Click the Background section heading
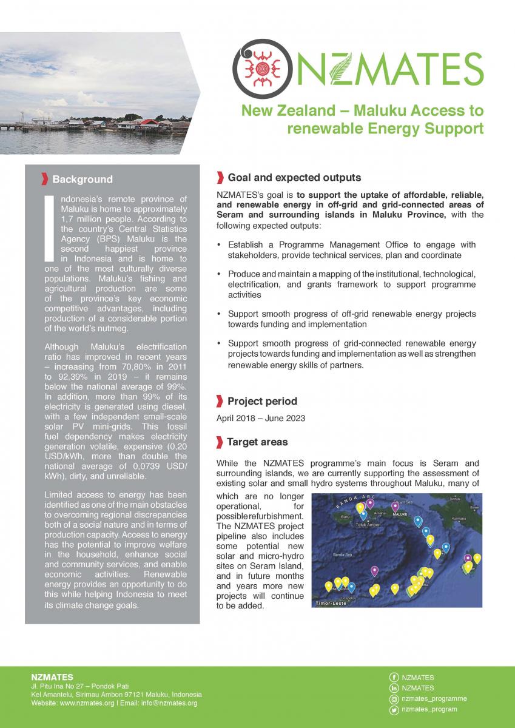[82, 180]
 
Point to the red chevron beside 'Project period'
[220, 401]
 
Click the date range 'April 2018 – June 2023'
[261, 419]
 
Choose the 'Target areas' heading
[257, 442]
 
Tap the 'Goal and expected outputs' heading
[294, 178]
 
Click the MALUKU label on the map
[400, 514]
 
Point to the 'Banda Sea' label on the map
[343, 554]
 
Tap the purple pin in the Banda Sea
[374, 570]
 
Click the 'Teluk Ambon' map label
[368, 524]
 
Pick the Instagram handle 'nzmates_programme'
[434, 698]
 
